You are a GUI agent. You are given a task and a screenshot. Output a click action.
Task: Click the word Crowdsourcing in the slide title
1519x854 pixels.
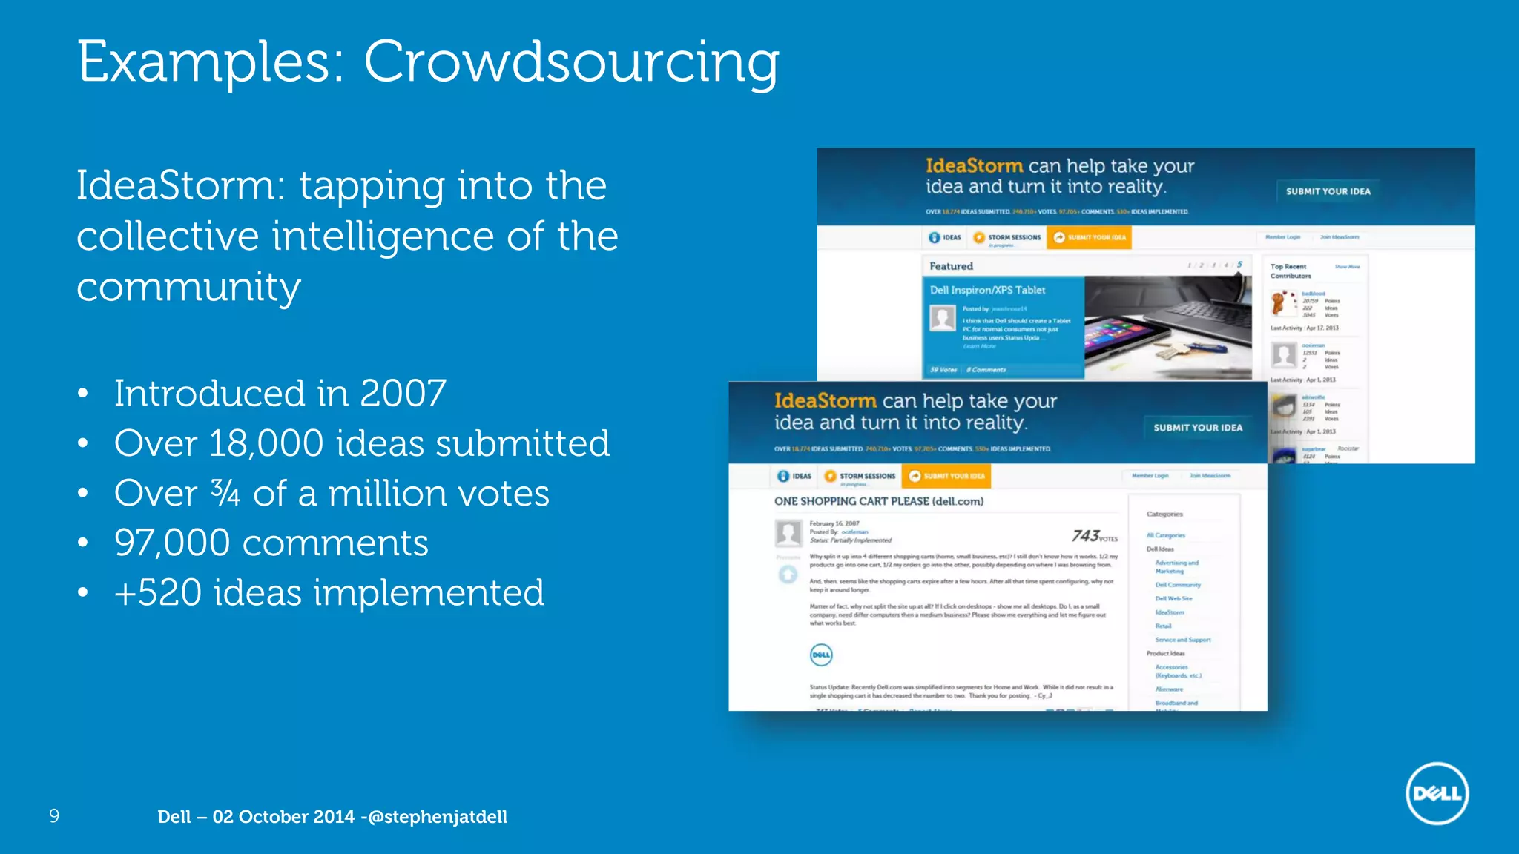coord(571,62)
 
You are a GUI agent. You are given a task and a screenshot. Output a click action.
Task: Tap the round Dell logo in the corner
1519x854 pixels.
coord(1437,793)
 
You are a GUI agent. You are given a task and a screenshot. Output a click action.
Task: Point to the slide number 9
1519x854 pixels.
coord(54,816)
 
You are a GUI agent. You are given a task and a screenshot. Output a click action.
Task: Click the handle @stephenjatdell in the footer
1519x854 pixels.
coord(438,817)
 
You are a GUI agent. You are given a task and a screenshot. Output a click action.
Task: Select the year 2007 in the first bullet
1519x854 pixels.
coord(403,393)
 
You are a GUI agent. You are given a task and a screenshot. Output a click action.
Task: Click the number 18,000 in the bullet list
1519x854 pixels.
coord(266,443)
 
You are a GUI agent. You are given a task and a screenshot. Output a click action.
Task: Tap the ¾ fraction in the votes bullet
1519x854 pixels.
coord(225,492)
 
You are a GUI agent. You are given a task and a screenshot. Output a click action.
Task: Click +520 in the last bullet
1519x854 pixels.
coord(157,593)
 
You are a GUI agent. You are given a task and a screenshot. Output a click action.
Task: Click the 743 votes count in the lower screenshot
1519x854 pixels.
coord(1093,536)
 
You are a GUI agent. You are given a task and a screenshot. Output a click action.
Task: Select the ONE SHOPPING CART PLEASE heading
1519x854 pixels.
coord(878,501)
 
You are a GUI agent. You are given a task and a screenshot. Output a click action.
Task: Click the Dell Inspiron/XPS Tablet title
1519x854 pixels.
coord(987,290)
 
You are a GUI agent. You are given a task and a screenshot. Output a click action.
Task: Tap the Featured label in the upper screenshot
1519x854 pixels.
coord(951,266)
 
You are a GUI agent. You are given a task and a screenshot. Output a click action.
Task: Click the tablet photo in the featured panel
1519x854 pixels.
coord(1166,328)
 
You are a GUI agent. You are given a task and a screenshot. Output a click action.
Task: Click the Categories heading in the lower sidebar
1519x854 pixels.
coord(1164,514)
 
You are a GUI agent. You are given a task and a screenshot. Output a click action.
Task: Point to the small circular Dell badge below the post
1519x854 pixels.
coord(821,655)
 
